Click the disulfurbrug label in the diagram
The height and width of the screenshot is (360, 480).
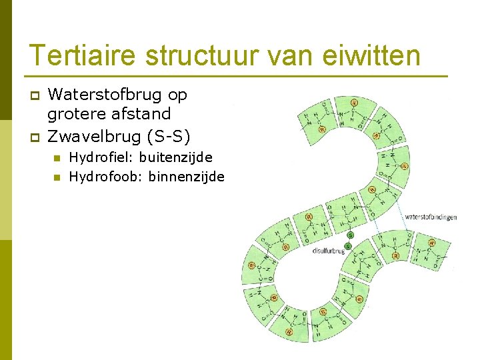point(328,251)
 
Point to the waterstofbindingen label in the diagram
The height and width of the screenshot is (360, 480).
point(431,217)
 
